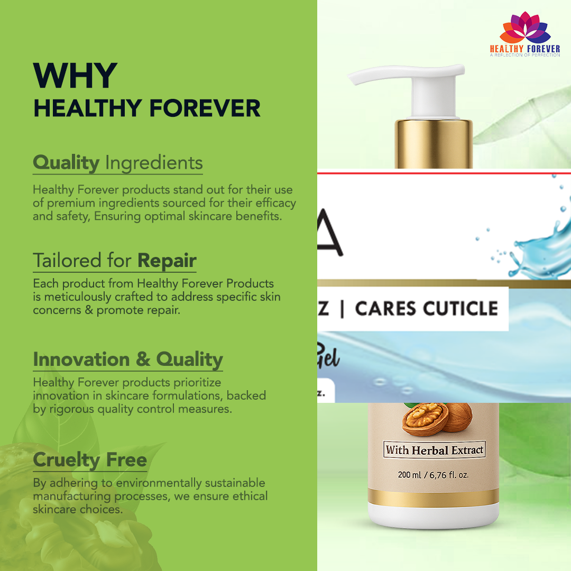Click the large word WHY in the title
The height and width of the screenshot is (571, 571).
(75, 77)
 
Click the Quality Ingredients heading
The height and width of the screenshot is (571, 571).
(117, 163)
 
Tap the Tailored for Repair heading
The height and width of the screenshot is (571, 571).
(114, 261)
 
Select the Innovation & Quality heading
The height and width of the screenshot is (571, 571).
(127, 360)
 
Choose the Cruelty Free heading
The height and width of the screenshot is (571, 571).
(89, 460)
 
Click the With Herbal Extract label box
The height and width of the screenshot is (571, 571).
(434, 450)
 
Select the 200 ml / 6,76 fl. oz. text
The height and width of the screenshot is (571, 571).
(433, 475)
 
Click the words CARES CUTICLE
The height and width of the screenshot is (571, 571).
(426, 309)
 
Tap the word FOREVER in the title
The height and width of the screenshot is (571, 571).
(205, 108)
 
